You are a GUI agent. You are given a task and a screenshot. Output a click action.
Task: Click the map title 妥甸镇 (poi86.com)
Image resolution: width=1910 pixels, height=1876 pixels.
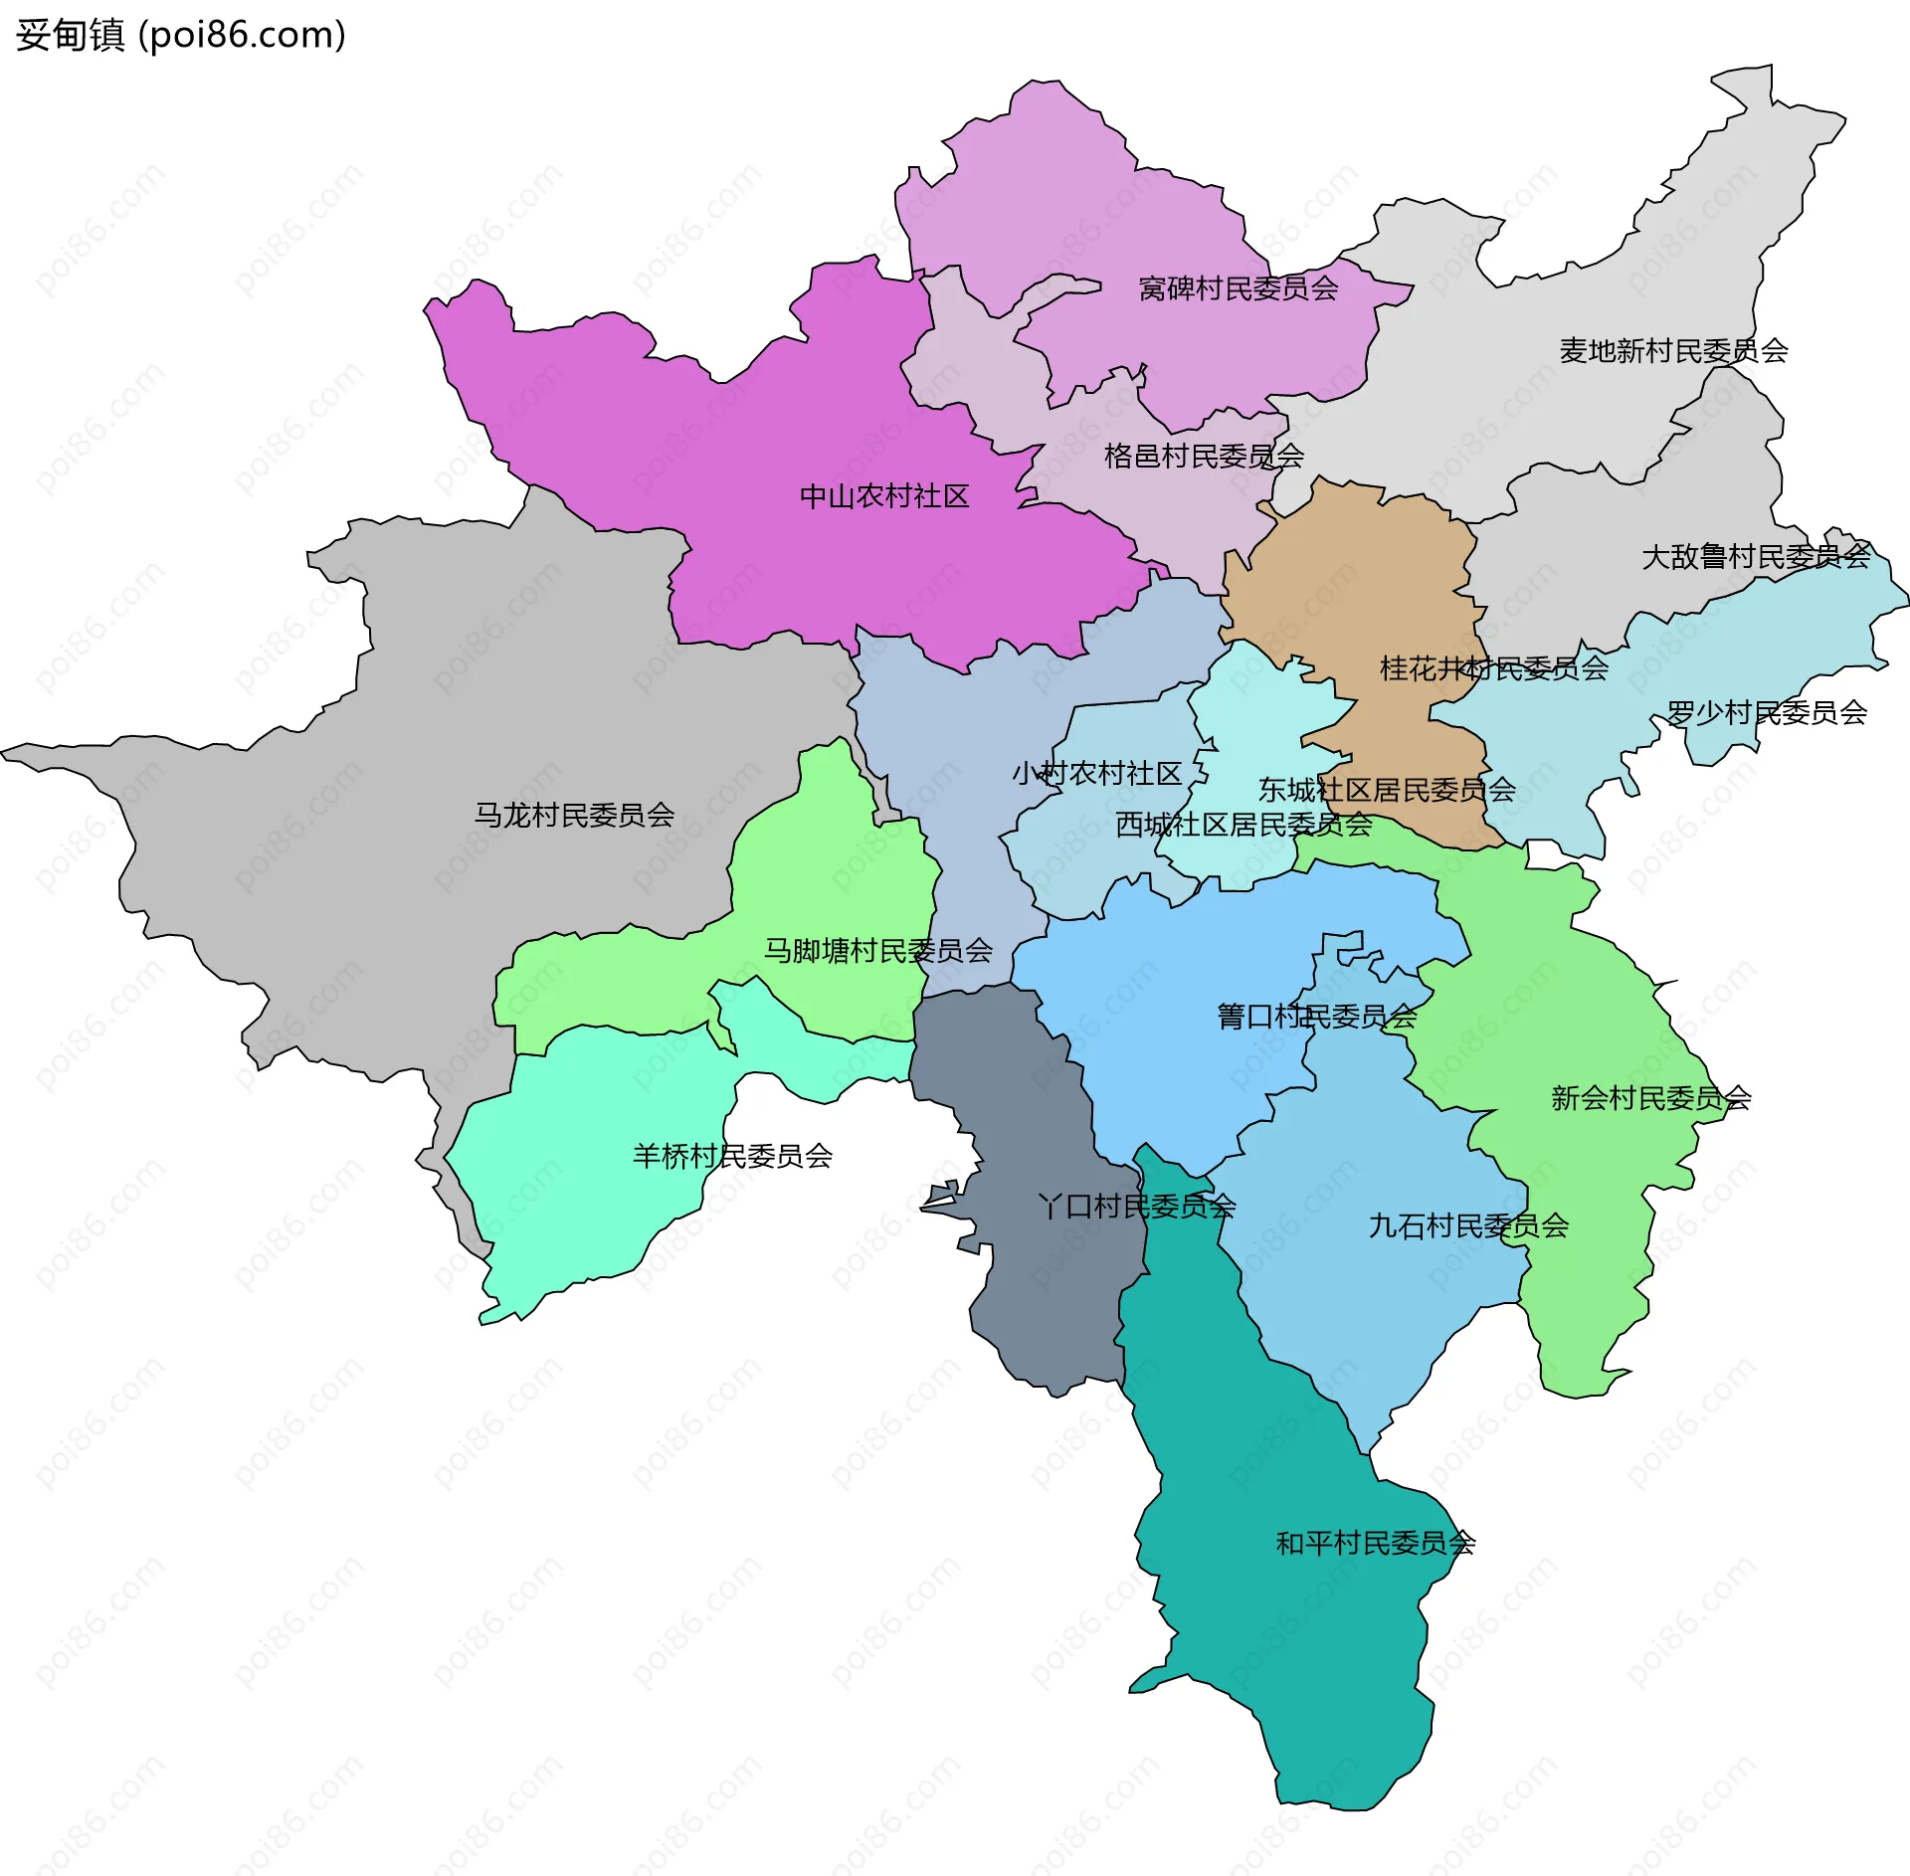pyautogui.click(x=180, y=35)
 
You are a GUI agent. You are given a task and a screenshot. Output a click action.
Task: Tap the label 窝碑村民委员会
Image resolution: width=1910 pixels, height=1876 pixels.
pyautogui.click(x=1238, y=288)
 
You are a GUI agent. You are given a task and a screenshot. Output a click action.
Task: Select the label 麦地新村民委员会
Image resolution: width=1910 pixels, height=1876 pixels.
pyautogui.click(x=1673, y=350)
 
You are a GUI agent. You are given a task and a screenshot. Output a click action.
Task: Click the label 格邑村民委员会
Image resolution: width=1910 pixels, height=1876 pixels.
pyautogui.click(x=1204, y=457)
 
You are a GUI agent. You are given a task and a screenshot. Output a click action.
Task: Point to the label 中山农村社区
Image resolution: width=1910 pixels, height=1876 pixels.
pyautogui.click(x=884, y=496)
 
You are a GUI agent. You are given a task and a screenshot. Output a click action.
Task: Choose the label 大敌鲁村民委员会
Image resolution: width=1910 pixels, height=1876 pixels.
pyautogui.click(x=1756, y=556)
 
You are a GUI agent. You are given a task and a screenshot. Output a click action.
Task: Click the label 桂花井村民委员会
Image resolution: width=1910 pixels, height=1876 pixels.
pyautogui.click(x=1493, y=668)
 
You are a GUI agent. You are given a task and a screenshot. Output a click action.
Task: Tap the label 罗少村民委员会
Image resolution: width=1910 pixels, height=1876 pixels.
pyautogui.click(x=1767, y=712)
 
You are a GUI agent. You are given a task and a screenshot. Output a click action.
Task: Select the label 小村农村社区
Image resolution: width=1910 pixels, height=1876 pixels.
pyautogui.click(x=1096, y=773)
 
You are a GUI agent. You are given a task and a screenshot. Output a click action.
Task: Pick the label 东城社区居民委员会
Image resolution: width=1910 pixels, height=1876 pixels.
pyautogui.click(x=1387, y=790)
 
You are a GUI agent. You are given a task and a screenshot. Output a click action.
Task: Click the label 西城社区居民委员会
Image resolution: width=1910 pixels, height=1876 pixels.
pyautogui.click(x=1243, y=825)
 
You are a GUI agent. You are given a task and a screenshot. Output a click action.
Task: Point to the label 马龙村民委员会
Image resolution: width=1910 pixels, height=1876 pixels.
pyautogui.click(x=574, y=815)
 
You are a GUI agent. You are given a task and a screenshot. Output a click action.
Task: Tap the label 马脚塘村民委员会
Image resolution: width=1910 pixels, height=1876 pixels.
pyautogui.click(x=877, y=950)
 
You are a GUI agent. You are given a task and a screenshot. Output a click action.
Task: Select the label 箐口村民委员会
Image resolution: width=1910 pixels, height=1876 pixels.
pyautogui.click(x=1316, y=1016)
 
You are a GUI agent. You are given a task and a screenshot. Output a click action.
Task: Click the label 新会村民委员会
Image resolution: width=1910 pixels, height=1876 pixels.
pyautogui.click(x=1650, y=1097)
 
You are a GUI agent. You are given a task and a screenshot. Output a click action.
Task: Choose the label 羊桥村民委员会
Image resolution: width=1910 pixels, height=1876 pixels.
pyautogui.click(x=732, y=1155)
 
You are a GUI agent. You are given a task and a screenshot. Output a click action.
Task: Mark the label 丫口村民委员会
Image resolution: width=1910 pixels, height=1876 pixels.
pyautogui.click(x=1136, y=1206)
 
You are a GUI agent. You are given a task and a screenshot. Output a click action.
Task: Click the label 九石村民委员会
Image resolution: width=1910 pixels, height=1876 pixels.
pyautogui.click(x=1468, y=1225)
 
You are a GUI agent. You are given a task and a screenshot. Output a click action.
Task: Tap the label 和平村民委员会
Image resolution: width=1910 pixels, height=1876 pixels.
pyautogui.click(x=1375, y=1543)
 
